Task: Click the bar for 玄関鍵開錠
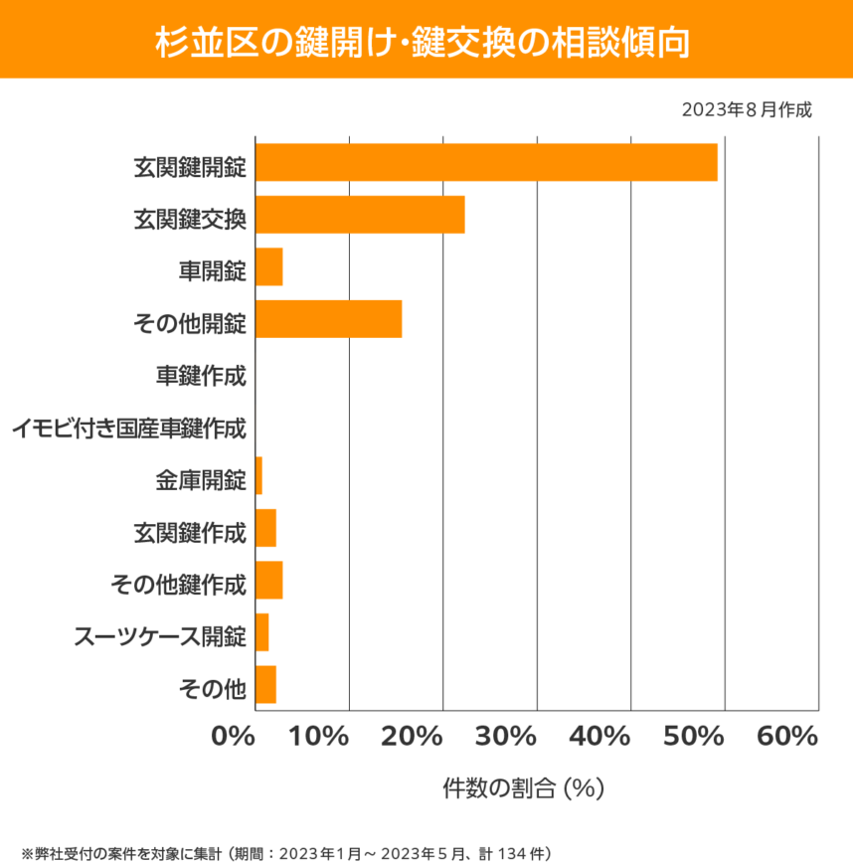click(x=486, y=162)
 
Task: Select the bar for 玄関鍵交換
click(x=360, y=215)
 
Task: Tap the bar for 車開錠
click(x=269, y=267)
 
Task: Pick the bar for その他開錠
click(x=329, y=319)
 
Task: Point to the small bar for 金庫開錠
click(x=258, y=476)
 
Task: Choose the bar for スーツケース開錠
click(x=262, y=632)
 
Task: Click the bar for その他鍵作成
click(x=269, y=581)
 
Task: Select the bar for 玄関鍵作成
click(x=265, y=528)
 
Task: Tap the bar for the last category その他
click(x=265, y=685)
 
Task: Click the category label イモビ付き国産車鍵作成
click(x=128, y=430)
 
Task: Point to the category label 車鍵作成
click(x=201, y=377)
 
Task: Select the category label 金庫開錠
click(x=201, y=482)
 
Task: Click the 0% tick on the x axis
click(x=235, y=738)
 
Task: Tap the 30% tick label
click(x=505, y=738)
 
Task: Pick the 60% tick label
click(x=786, y=738)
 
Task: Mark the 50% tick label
click(x=693, y=738)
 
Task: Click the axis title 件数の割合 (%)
click(x=524, y=788)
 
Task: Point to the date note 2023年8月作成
click(x=747, y=109)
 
